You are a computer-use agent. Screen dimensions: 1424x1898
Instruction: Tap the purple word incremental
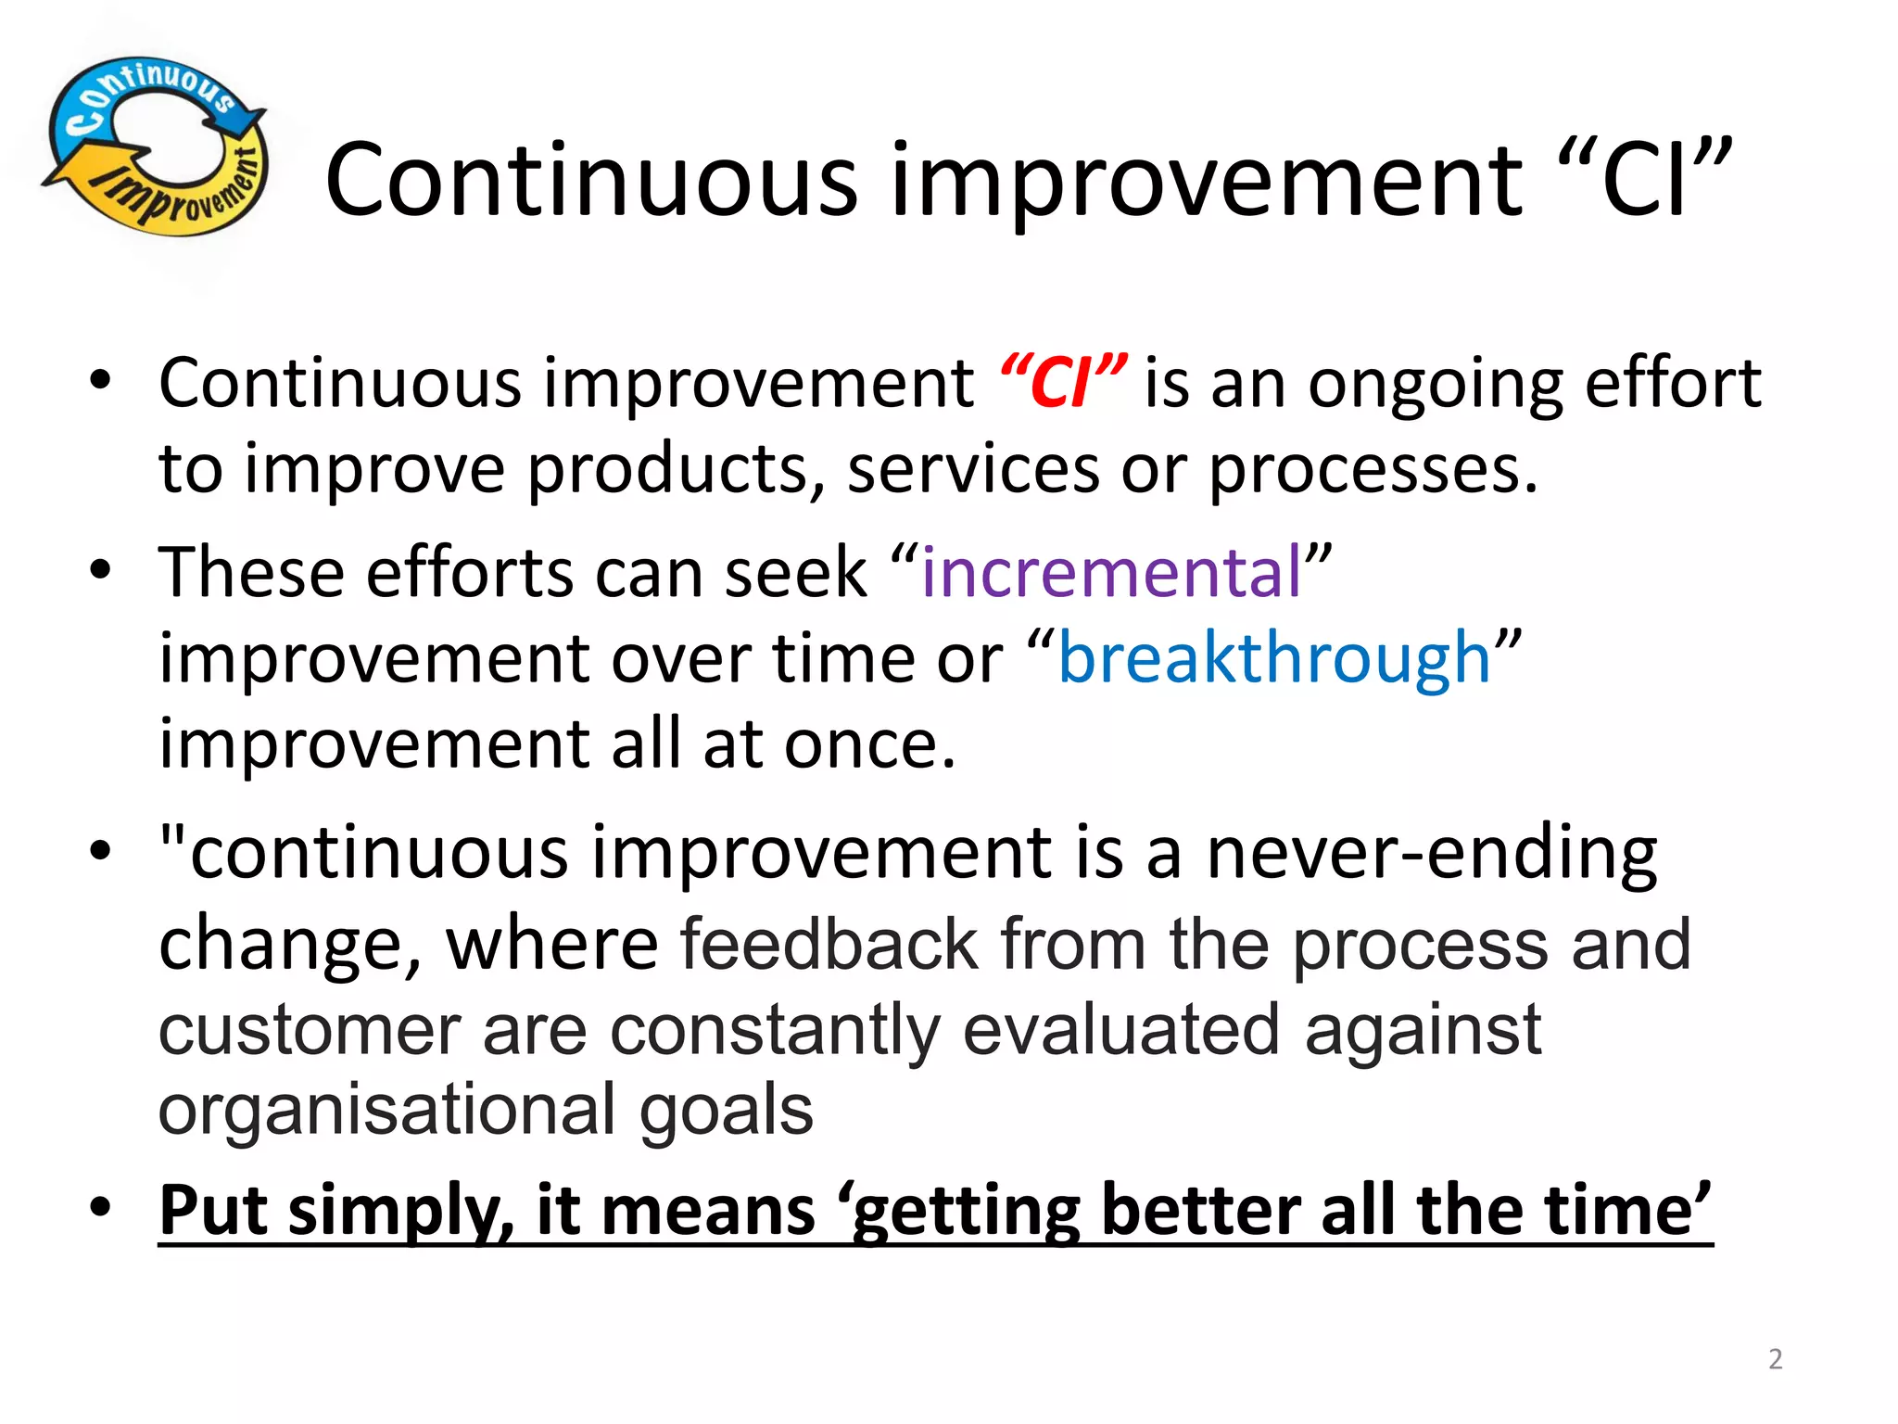coord(1111,572)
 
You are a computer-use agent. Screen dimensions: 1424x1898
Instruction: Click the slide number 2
coord(1775,1359)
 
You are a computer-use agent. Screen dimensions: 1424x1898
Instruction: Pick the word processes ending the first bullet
coord(1373,470)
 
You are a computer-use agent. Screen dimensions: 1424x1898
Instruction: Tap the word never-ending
coord(1432,854)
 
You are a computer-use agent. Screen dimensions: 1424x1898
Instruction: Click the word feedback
coord(829,945)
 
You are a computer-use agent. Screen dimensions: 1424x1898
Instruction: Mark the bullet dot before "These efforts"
coord(100,569)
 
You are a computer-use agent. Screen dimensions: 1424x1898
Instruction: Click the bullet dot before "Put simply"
coord(100,1207)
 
